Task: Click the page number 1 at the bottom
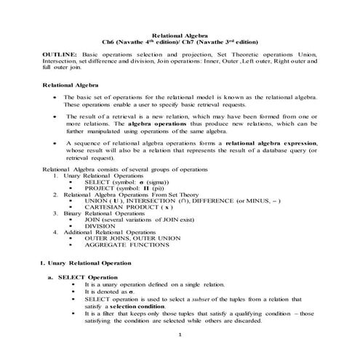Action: click(x=178, y=333)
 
